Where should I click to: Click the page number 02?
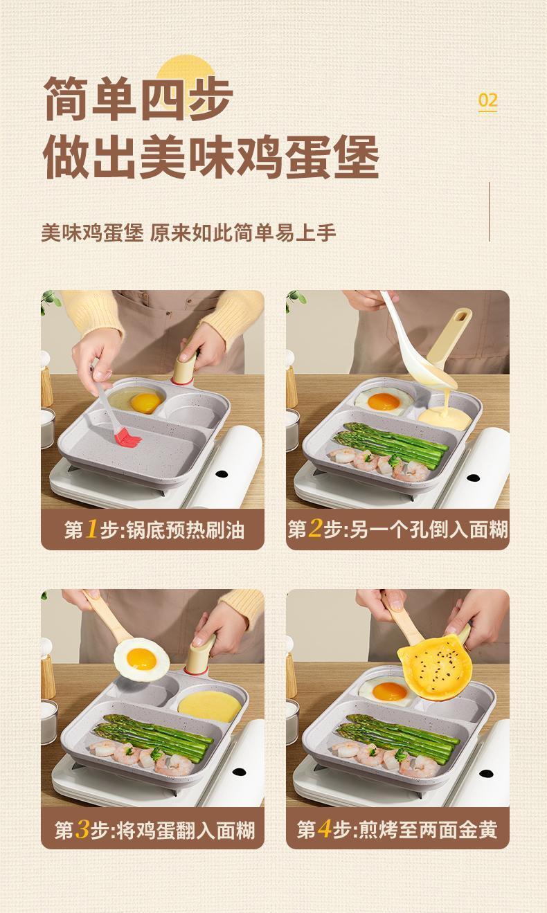[487, 100]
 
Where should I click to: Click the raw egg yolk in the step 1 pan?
[145, 402]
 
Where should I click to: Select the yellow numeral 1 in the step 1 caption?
[91, 529]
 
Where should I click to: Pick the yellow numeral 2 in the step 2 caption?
[315, 529]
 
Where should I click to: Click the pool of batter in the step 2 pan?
[445, 418]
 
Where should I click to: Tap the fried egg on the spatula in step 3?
[141, 659]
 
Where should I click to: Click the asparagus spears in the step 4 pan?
[397, 733]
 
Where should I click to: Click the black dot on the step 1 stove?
[222, 474]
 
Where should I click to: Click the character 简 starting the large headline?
[66, 98]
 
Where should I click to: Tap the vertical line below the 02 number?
[489, 212]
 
